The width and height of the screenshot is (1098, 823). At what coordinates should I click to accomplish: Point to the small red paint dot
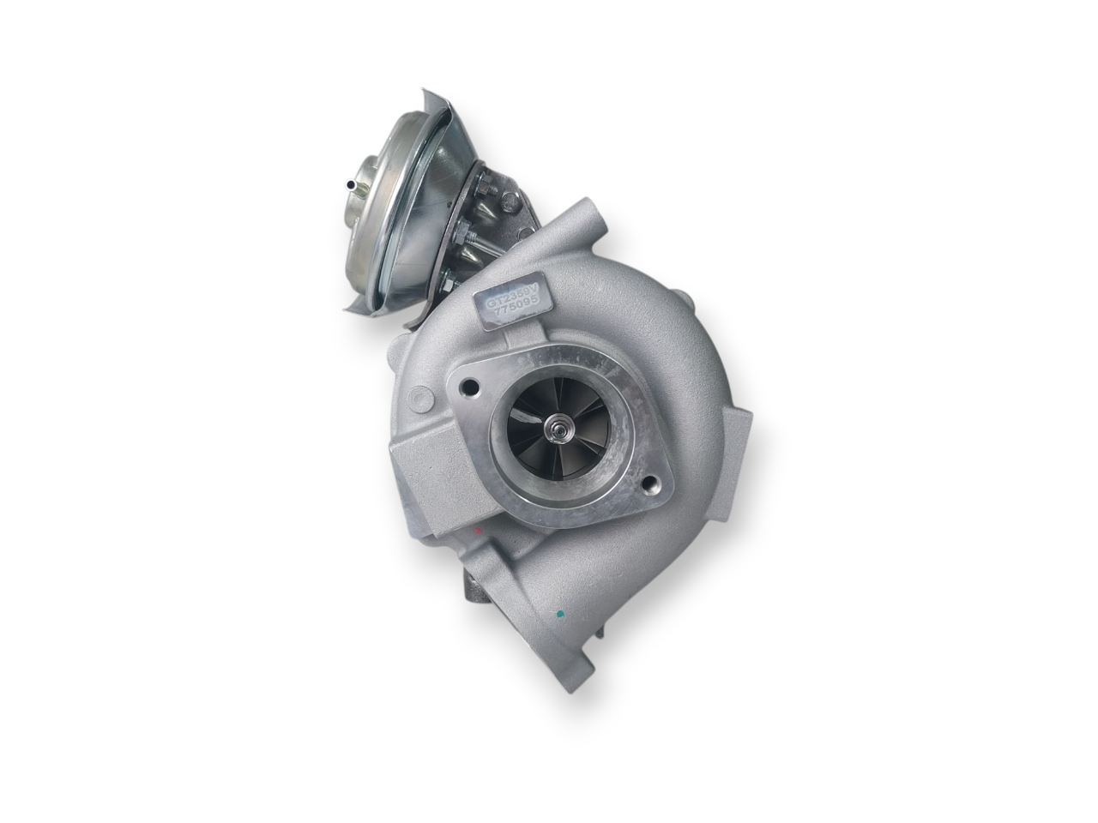pos(478,532)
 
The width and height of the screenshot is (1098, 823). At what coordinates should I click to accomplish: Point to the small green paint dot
pos(559,614)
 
